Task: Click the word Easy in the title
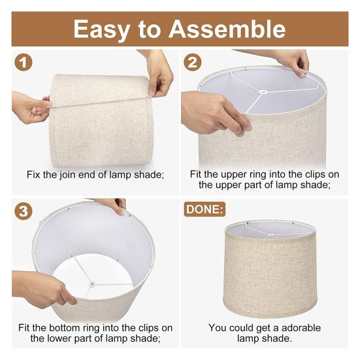pyautogui.click(x=106, y=29)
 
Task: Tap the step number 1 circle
pyautogui.click(x=24, y=63)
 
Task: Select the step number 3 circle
pyautogui.click(x=24, y=212)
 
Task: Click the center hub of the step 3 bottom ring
pyautogui.click(x=92, y=284)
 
